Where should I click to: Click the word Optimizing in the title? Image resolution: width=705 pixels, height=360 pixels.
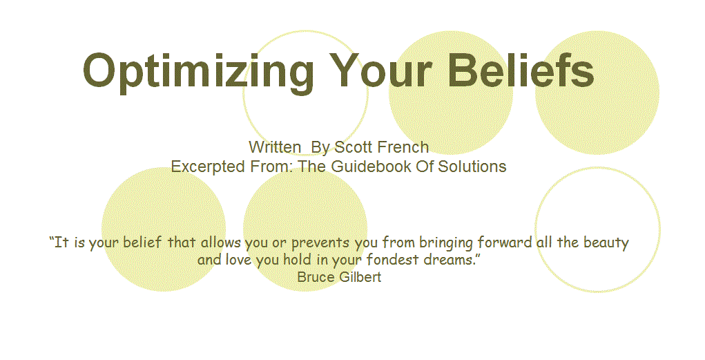tap(198, 72)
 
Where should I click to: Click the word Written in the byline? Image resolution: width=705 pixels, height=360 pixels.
tap(275, 146)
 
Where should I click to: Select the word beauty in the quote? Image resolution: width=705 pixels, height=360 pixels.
tap(606, 243)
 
